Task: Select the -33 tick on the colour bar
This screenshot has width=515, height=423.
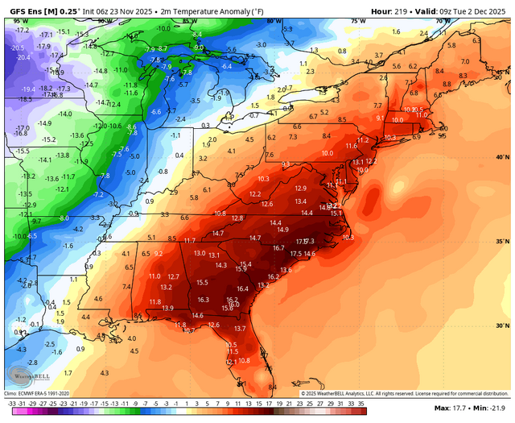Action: (x=10, y=401)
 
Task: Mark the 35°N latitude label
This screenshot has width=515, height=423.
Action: (x=503, y=242)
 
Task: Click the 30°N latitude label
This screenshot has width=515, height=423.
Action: (x=503, y=326)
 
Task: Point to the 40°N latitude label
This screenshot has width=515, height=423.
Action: (x=503, y=157)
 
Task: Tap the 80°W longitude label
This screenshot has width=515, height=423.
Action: (x=274, y=21)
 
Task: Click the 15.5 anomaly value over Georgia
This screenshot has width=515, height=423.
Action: (x=203, y=282)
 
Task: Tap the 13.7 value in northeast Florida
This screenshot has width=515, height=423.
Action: (x=240, y=329)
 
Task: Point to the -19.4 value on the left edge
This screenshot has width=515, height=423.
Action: (x=27, y=89)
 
